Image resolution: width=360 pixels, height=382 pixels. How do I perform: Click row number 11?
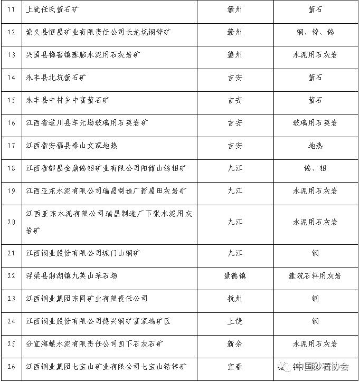tap(11, 9)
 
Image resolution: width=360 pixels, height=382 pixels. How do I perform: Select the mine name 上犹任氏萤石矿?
tap(55, 9)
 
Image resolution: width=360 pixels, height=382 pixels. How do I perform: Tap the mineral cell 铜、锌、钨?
tap(315, 32)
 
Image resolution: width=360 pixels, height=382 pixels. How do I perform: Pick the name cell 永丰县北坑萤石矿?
tap(57, 78)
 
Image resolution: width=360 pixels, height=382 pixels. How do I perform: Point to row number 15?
tap(11, 100)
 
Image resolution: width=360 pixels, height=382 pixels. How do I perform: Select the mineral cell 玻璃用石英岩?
tap(315, 123)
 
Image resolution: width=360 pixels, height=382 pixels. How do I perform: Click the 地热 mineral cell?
tap(315, 146)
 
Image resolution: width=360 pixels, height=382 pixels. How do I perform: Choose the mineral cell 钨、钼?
tap(315, 168)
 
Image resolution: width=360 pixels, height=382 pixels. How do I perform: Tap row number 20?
tap(11, 222)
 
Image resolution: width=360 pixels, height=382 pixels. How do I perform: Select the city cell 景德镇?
tap(235, 276)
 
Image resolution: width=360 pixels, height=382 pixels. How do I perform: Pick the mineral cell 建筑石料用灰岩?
tap(315, 276)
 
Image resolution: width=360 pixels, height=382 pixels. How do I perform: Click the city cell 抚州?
tap(235, 299)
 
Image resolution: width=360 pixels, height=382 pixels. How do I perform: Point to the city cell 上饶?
tap(235, 321)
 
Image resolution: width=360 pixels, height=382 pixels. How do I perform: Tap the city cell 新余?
tap(235, 344)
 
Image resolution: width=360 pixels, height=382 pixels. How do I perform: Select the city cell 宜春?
tap(235, 367)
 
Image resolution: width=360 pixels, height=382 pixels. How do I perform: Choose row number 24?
tap(11, 321)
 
